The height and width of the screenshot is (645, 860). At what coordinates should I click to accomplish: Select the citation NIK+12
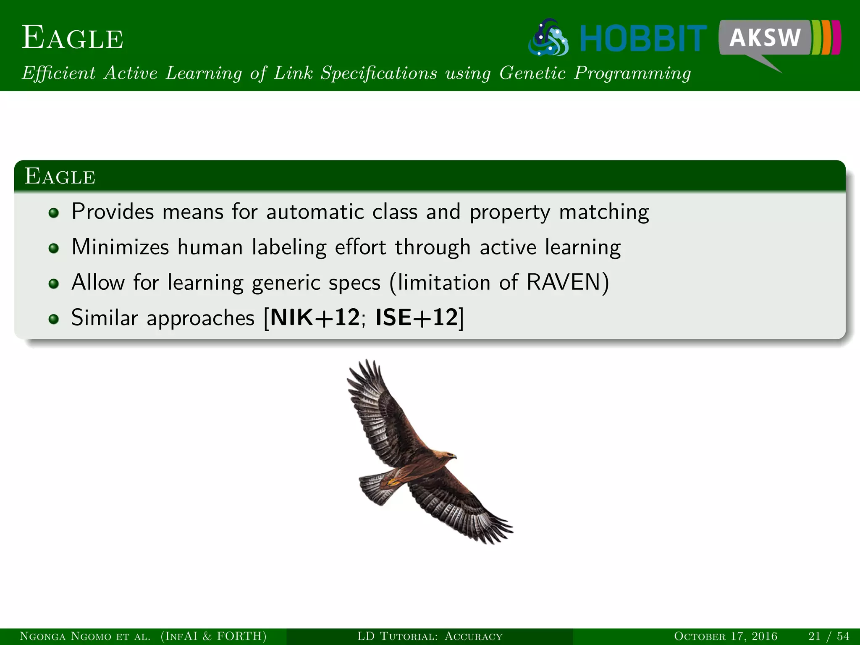tap(315, 317)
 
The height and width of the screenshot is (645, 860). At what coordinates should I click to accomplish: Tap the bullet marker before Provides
tap(53, 213)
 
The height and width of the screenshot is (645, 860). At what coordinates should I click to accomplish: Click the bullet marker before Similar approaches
tap(53, 319)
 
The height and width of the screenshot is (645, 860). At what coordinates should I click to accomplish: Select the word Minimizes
tap(120, 247)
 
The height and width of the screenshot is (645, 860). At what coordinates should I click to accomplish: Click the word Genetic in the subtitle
tap(532, 73)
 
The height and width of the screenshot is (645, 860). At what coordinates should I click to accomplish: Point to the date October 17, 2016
tap(725, 636)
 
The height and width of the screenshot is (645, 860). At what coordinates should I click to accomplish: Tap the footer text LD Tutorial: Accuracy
tap(430, 636)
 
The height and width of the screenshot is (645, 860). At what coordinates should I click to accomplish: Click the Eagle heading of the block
tap(60, 176)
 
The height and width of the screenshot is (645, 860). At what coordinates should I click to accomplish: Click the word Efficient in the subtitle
tap(59, 73)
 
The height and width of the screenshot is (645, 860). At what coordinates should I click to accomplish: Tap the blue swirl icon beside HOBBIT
tap(548, 38)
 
